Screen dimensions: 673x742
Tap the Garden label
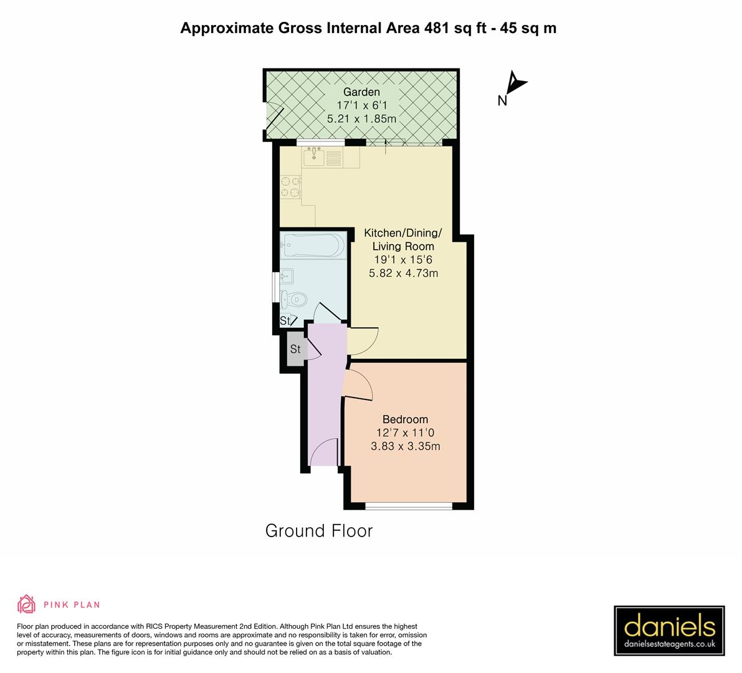(x=361, y=92)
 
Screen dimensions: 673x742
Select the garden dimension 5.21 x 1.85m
(x=361, y=118)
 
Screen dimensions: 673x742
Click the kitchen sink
(x=315, y=156)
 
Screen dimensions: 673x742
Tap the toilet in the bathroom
(x=292, y=300)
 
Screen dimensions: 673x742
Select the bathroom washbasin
(x=287, y=275)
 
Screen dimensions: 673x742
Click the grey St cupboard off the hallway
(x=295, y=350)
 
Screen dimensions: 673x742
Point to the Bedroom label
(x=405, y=419)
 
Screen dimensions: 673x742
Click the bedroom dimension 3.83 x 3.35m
(x=405, y=446)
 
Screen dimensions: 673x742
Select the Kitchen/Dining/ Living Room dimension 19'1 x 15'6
(x=403, y=260)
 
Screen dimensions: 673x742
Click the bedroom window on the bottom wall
(x=408, y=505)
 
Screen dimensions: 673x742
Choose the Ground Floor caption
(x=318, y=531)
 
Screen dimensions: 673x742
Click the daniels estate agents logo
(x=669, y=631)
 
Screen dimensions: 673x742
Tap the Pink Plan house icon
(x=27, y=604)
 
